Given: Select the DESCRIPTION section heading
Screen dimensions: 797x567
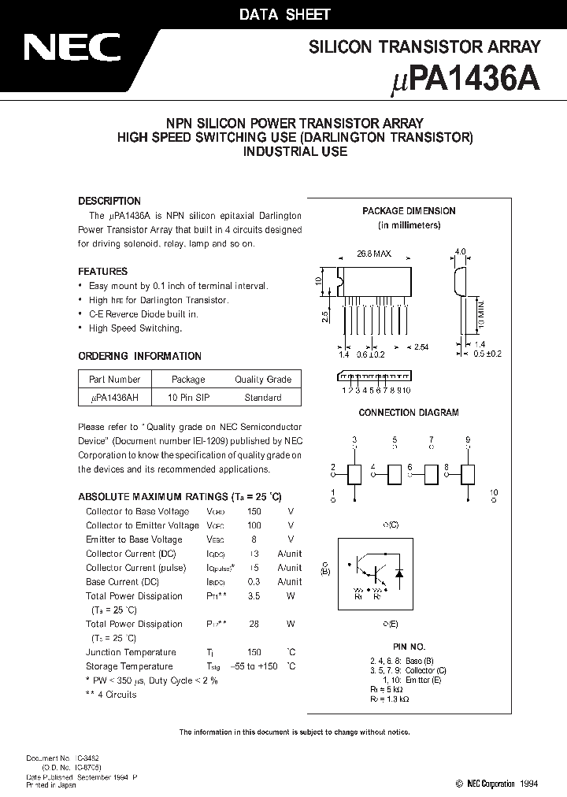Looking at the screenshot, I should pos(109,201).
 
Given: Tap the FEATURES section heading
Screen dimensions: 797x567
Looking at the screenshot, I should pos(102,271).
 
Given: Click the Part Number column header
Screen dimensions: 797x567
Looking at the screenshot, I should pos(115,379).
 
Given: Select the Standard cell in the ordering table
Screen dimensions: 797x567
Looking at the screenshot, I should pos(263,398).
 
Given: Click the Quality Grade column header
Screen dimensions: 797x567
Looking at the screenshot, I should pos(263,379).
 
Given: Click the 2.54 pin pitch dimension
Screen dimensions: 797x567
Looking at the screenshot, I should pos(421,347).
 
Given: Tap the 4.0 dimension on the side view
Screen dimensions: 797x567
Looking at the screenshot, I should pos(460,252).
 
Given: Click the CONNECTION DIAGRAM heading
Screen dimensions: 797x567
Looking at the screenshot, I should pos(409,413).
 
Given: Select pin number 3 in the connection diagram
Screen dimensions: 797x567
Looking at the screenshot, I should pos(354,439).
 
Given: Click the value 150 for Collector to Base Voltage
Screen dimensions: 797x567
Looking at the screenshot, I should pos(254,511).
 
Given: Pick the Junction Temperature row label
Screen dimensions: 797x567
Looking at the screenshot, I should pos(131,652).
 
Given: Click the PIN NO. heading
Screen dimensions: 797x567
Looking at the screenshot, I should pos(409,643).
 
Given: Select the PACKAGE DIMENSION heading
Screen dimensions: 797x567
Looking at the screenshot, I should pos(409,211).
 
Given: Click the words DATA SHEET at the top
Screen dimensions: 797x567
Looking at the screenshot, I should pos(285,14).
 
